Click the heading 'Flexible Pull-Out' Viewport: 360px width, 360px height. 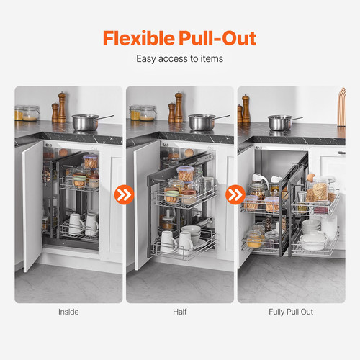click(179, 38)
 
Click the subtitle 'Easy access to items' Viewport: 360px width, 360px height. click(179, 59)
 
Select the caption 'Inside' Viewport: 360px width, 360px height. click(68, 312)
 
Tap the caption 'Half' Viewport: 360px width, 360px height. click(179, 312)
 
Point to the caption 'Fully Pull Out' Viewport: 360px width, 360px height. click(290, 312)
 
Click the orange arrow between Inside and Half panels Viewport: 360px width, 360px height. click(124, 194)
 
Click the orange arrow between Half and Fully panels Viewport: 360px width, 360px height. click(235, 194)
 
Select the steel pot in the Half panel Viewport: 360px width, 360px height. click(202, 121)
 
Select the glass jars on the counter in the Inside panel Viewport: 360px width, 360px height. click(27, 112)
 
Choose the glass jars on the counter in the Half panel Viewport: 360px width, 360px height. click(142, 112)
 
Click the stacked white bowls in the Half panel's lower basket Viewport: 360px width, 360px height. click(192, 235)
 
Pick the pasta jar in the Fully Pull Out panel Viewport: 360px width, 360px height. click(318, 191)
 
